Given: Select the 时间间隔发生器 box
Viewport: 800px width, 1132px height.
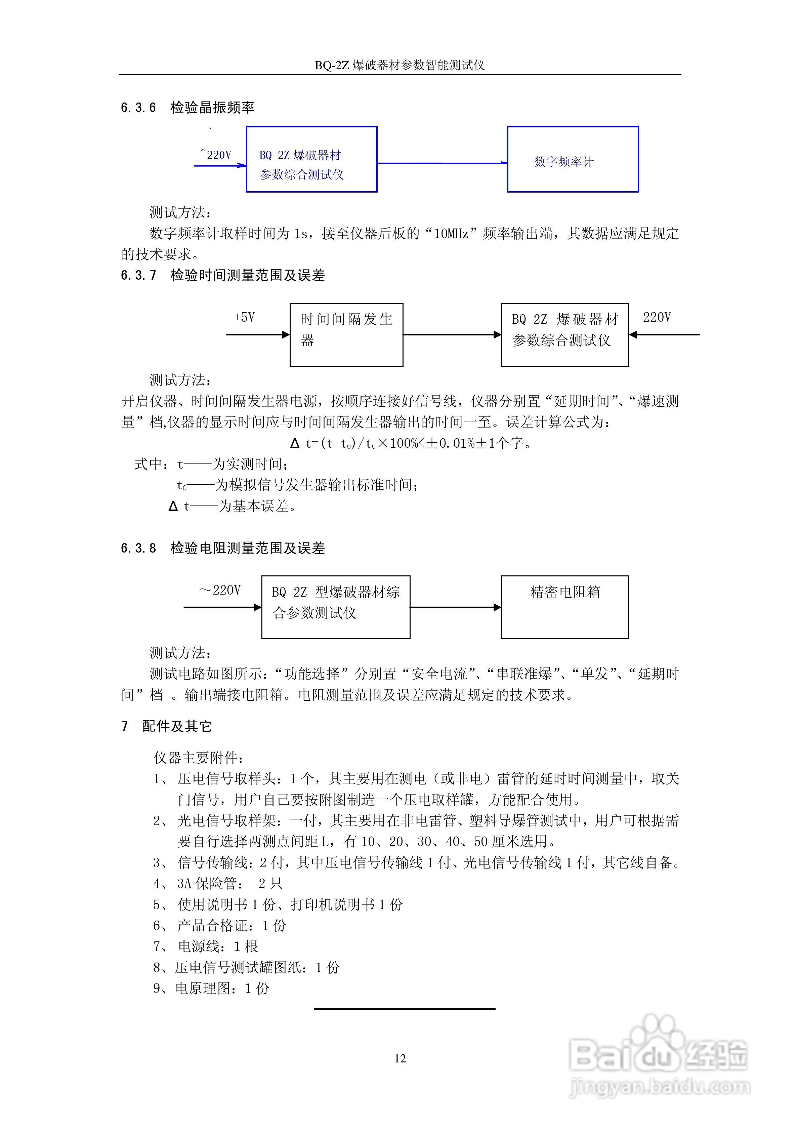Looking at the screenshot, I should pos(346,334).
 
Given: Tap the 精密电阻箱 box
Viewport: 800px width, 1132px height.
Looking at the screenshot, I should pos(565,607).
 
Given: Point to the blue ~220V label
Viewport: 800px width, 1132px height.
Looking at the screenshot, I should pos(216,155).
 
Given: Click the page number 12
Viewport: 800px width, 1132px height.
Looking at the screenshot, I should pos(400,1058).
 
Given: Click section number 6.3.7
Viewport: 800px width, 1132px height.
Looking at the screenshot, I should pos(138,276).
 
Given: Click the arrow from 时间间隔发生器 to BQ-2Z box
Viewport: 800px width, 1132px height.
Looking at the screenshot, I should pos(452,335).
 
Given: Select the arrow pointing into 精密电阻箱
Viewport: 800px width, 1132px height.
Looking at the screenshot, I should pos(456,607).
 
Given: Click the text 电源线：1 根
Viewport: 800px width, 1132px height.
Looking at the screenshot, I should pos(217,946).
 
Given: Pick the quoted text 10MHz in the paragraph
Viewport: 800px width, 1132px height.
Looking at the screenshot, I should pos(451,234).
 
